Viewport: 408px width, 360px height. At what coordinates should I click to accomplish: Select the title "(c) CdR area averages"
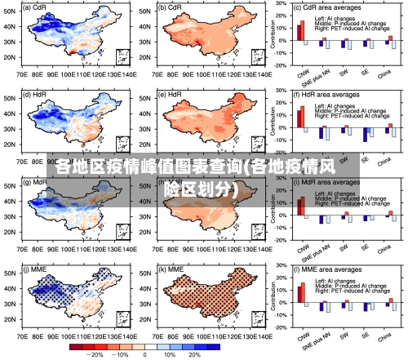330,7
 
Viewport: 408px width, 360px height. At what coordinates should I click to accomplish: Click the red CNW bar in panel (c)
300,30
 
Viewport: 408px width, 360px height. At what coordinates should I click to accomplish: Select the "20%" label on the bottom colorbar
193,355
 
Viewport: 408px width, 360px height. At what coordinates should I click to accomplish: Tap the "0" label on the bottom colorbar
144,355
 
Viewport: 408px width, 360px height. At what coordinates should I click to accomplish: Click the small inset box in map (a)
122,56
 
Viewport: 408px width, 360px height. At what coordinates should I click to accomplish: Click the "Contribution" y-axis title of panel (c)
273,37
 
